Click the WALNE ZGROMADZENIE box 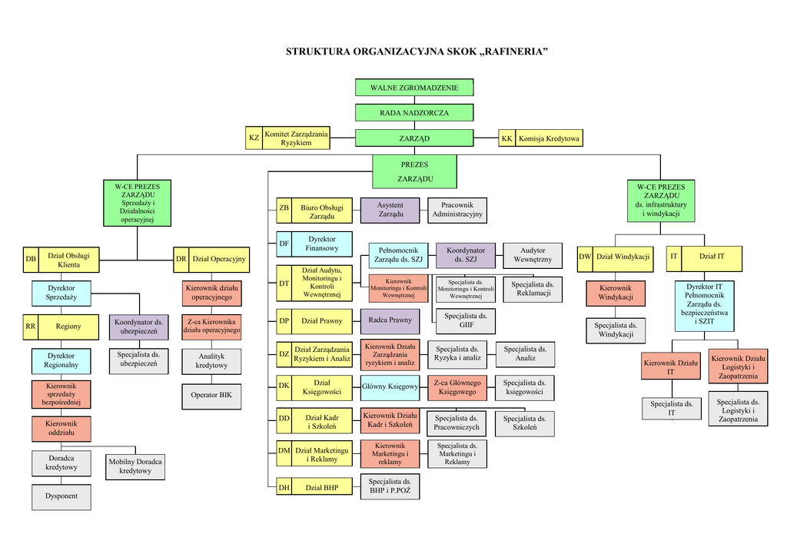click(414, 88)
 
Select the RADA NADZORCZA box click(414, 113)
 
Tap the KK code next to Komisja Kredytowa click(506, 138)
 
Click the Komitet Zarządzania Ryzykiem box click(296, 138)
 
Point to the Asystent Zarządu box click(390, 210)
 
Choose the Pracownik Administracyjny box click(457, 210)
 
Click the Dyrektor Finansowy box click(322, 244)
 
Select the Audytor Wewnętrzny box click(533, 255)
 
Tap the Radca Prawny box click(390, 320)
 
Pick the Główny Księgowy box click(390, 386)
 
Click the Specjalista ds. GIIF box click(466, 320)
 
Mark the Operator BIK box click(211, 395)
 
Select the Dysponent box click(61, 496)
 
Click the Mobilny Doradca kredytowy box click(135, 466)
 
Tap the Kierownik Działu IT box click(671, 366)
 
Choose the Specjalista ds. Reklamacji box click(533, 289)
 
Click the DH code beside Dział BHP click(284, 487)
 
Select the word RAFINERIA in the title click(515, 52)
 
